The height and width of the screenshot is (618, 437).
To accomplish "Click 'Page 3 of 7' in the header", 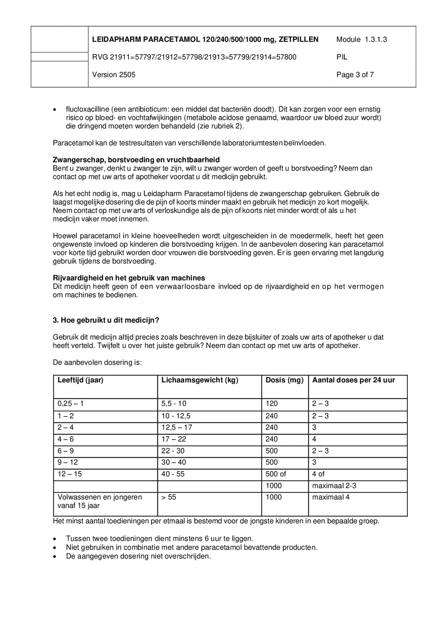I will pos(355,75).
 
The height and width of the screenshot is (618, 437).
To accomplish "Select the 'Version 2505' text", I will pos(113,75).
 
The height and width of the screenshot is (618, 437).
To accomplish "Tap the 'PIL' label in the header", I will pos(342,57).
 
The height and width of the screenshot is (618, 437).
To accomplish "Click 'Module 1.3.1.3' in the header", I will pos(361,40).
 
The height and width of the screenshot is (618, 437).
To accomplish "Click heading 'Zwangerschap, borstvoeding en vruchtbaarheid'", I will pos(136,160).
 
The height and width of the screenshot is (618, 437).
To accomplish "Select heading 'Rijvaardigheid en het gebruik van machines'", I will pos(129,278).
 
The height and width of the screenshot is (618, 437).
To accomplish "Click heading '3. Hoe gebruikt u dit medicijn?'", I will pos(106,320).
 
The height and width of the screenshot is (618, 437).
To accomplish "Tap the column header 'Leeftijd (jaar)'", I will pos(80,380).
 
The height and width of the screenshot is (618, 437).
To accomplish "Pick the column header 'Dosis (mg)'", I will pos(284,380).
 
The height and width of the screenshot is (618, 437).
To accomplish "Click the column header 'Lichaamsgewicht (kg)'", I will pos(200,380).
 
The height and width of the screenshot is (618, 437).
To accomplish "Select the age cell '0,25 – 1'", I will pos(70,404).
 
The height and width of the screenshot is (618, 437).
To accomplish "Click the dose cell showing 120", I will pos(271,404).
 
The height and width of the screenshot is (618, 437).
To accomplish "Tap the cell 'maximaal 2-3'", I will pos(334,486).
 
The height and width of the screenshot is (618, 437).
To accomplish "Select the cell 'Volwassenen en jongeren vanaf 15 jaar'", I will pos(99,501).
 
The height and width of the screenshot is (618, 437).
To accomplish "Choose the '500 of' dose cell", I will pos(276,474).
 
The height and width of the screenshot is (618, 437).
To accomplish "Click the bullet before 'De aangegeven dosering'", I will pos(54,556).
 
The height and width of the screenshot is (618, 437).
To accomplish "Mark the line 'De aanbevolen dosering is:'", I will pos(97,362).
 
